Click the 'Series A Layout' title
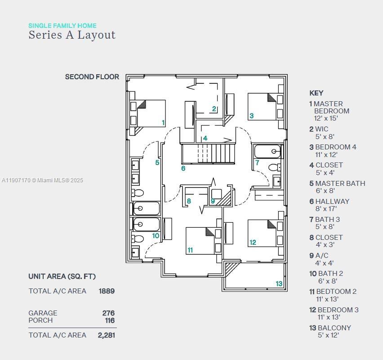pyautogui.click(x=72, y=35)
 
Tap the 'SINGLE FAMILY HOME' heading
pyautogui.click(x=62, y=26)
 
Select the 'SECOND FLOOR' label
pyautogui.click(x=92, y=77)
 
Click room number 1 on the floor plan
pyautogui.click(x=163, y=122)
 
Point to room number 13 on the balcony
pyautogui.click(x=279, y=283)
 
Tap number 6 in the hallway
pyautogui.click(x=183, y=168)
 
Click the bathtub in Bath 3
pyautogui.click(x=267, y=152)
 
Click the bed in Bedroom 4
pyautogui.click(x=263, y=107)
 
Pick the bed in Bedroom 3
pyautogui.click(x=263, y=233)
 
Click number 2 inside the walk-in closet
pyautogui.click(x=214, y=108)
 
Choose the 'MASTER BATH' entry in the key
pyautogui.click(x=340, y=184)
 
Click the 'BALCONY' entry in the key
pyautogui.click(x=334, y=328)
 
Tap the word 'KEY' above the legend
pyautogui.click(x=316, y=93)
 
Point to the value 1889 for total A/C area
pyautogui.click(x=107, y=291)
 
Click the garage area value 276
pyautogui.click(x=108, y=313)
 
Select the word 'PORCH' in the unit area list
pyautogui.click(x=40, y=320)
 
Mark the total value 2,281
pyautogui.click(x=107, y=335)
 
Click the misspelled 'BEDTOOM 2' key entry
pyautogui.click(x=336, y=292)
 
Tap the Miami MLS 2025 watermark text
pyautogui.click(x=42, y=180)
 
